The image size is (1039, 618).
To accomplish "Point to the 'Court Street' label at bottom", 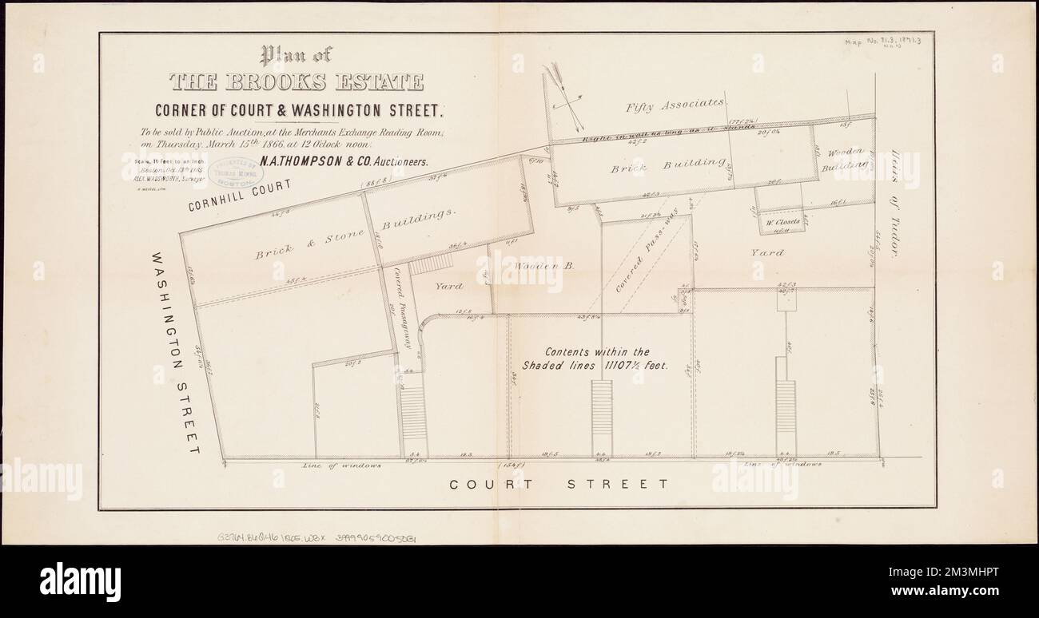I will (558, 484).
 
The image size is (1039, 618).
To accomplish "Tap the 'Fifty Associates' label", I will (676, 103).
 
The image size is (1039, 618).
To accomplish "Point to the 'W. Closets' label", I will (782, 224).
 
